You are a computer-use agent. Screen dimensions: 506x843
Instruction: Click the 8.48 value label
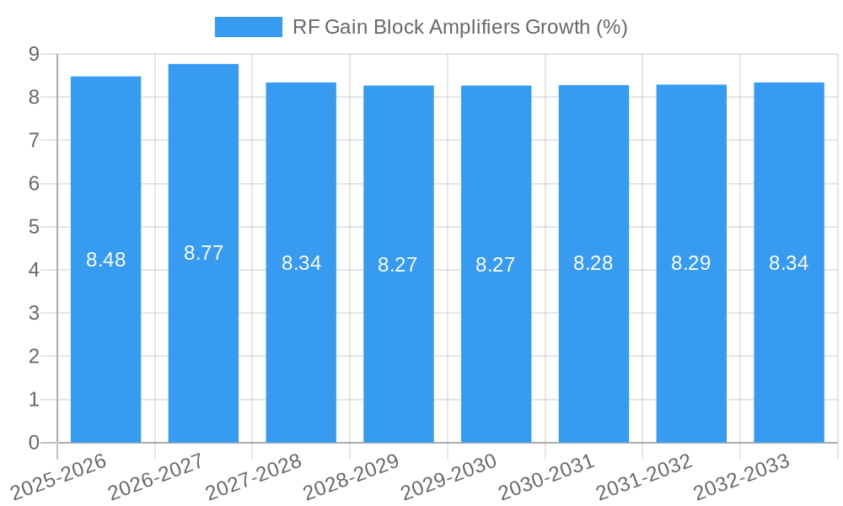pyautogui.click(x=105, y=260)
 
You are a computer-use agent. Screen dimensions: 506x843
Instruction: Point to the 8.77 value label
pyautogui.click(x=203, y=253)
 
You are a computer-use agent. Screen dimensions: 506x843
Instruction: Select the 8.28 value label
pyautogui.click(x=593, y=263)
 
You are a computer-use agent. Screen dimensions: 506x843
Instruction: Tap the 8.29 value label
pyautogui.click(x=690, y=263)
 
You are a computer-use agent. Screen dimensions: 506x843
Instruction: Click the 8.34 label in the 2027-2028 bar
pyautogui.click(x=301, y=263)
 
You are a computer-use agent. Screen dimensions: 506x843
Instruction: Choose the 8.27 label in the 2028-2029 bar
pyautogui.click(x=398, y=265)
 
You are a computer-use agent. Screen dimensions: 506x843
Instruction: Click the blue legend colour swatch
pyautogui.click(x=248, y=27)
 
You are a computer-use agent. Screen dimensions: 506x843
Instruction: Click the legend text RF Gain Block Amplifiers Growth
pyautogui.click(x=459, y=27)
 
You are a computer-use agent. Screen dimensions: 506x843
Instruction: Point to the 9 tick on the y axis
pyautogui.click(x=34, y=54)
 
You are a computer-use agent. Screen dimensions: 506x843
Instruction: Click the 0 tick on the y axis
pyautogui.click(x=34, y=443)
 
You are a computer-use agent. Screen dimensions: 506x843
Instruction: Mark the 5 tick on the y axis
pyautogui.click(x=34, y=227)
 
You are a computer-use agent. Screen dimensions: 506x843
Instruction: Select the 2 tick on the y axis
pyautogui.click(x=34, y=357)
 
